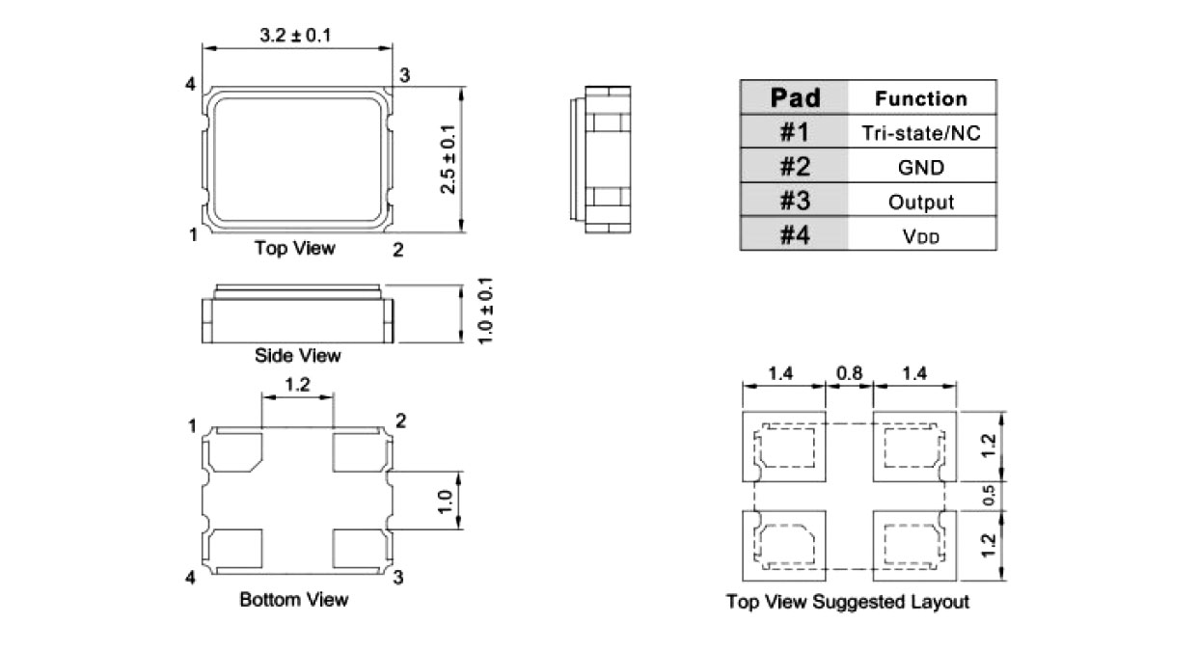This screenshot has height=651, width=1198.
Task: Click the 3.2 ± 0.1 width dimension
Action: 296,35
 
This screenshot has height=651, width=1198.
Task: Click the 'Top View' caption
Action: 294,249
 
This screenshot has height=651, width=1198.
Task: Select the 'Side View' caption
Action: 297,356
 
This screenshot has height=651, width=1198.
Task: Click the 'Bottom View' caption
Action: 293,600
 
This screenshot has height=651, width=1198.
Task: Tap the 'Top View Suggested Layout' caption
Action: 847,603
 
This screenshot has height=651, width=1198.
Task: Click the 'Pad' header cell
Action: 795,98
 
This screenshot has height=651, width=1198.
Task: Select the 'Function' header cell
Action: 920,98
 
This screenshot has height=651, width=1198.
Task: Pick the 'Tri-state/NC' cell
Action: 920,133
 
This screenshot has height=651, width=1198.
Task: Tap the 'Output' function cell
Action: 920,203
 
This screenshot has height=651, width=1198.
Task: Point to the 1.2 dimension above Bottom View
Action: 297,385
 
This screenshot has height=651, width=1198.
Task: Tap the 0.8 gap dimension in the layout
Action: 849,371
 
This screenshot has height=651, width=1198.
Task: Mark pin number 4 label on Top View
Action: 191,86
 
